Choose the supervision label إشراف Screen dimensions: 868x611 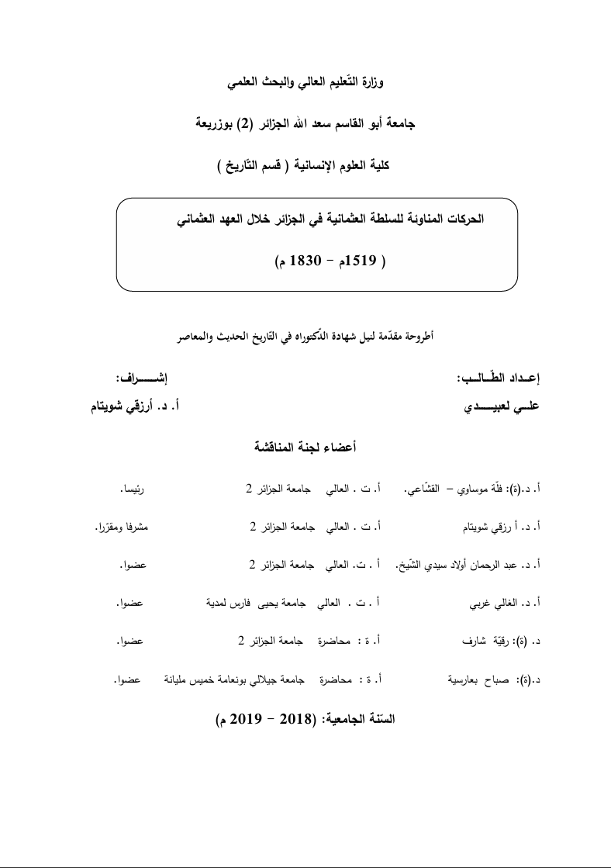tap(141, 379)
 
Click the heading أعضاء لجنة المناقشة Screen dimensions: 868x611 tap(305, 447)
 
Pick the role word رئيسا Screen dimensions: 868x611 tap(133, 489)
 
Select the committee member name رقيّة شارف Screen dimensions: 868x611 tap(485, 641)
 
